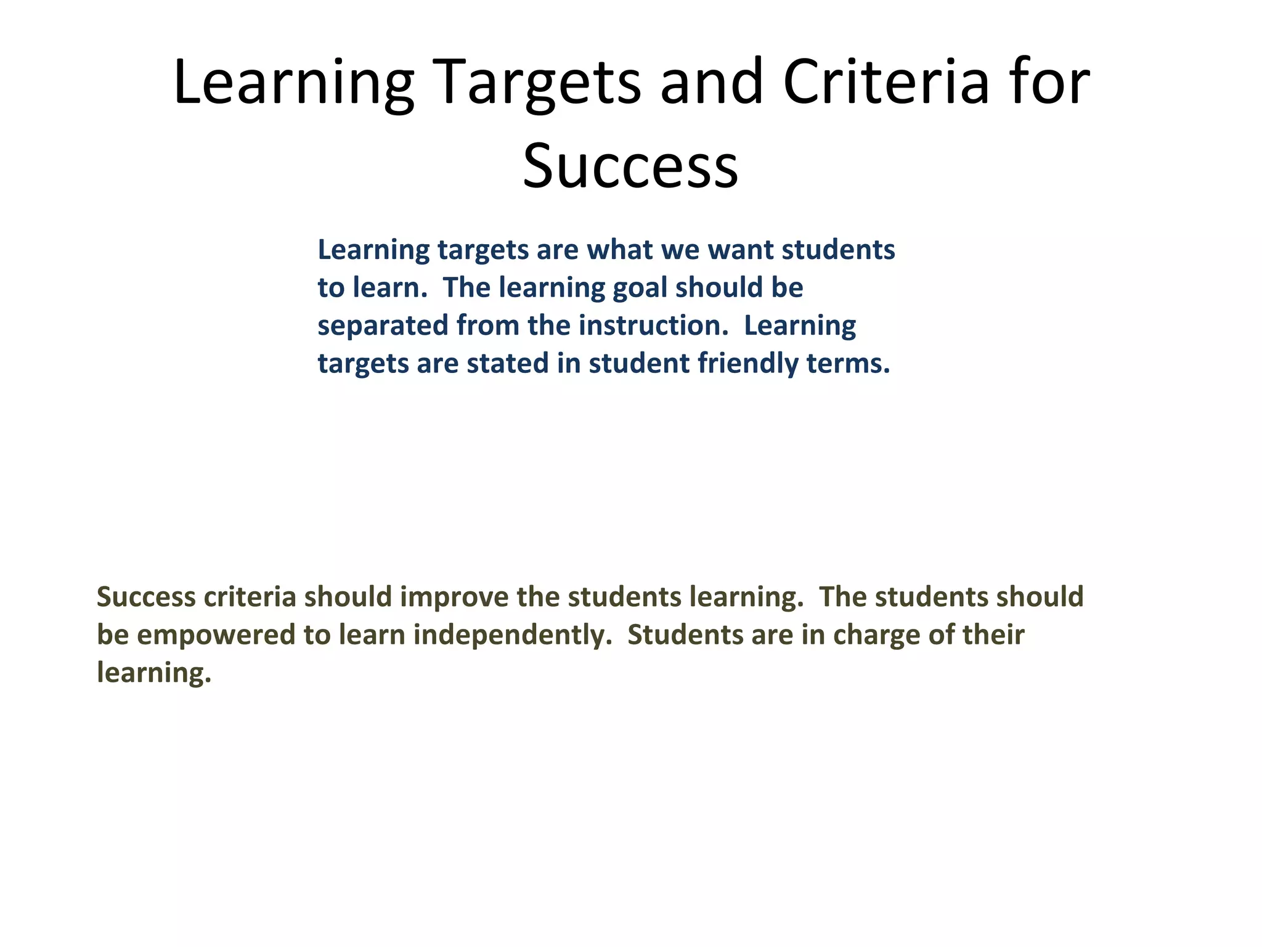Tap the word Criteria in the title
point(885,82)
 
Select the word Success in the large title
point(630,165)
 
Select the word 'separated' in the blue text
point(383,326)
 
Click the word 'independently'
point(513,635)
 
